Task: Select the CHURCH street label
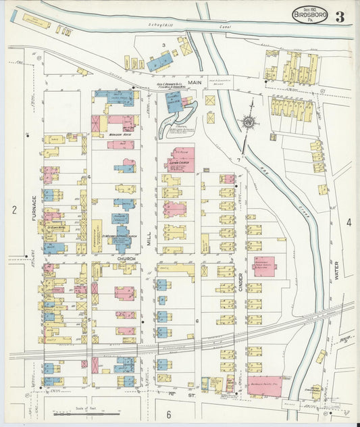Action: pos(126,258)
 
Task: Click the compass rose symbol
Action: pos(249,122)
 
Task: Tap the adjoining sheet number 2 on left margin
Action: pos(13,210)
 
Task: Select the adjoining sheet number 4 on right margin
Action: pos(349,222)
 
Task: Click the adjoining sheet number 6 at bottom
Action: pos(169,413)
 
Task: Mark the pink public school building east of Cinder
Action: pos(264,263)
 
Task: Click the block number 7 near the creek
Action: pos(238,159)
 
